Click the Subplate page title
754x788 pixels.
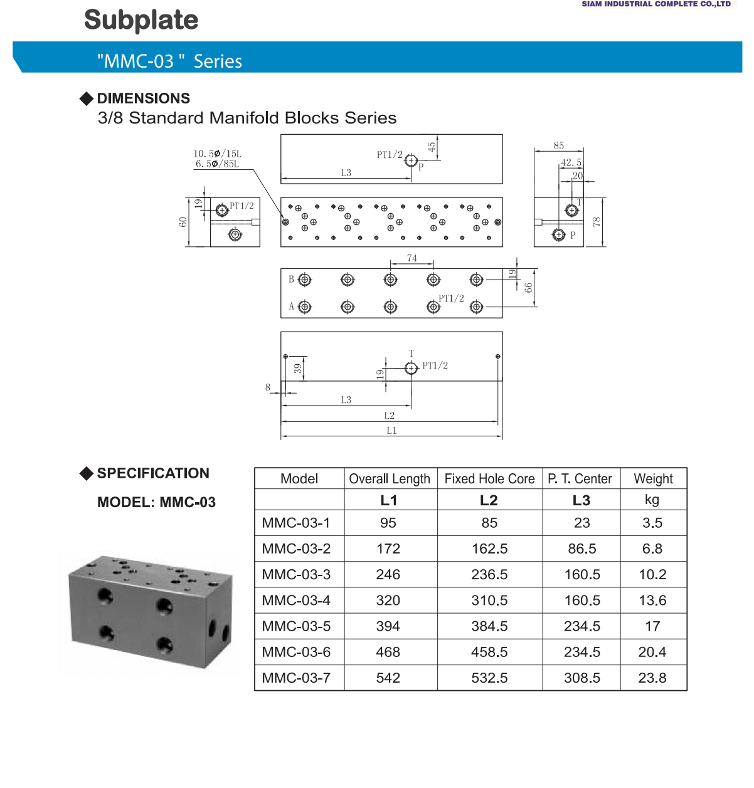(x=141, y=20)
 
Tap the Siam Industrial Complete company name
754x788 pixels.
(x=656, y=4)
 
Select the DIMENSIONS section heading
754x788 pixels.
(x=143, y=98)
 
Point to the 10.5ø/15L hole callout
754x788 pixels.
(x=217, y=154)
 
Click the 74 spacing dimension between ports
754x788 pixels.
(x=412, y=258)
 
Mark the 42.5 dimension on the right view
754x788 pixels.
(x=571, y=162)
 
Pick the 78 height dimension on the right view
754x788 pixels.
(x=597, y=222)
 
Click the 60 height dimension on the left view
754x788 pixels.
(x=183, y=222)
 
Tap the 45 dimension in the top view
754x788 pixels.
(x=432, y=147)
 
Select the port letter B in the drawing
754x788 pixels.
(x=291, y=280)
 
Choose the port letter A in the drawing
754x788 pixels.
(x=291, y=307)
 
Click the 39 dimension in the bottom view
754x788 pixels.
(x=298, y=369)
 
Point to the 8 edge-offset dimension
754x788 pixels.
(x=268, y=387)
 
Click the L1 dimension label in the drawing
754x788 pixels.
(x=391, y=431)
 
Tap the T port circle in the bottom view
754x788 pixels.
(x=411, y=368)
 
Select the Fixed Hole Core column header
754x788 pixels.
(x=489, y=479)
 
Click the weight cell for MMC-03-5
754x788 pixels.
(x=652, y=626)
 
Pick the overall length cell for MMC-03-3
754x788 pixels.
(x=388, y=574)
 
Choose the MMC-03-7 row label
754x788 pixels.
(x=296, y=678)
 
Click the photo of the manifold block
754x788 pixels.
(x=151, y=611)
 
